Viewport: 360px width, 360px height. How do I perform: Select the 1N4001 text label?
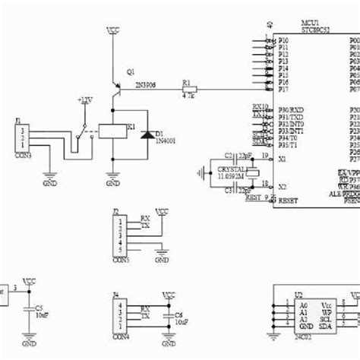(166, 141)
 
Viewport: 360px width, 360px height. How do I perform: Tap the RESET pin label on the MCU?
(289, 201)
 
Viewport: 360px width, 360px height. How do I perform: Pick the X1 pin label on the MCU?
(283, 159)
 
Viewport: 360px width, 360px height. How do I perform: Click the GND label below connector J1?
(49, 183)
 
